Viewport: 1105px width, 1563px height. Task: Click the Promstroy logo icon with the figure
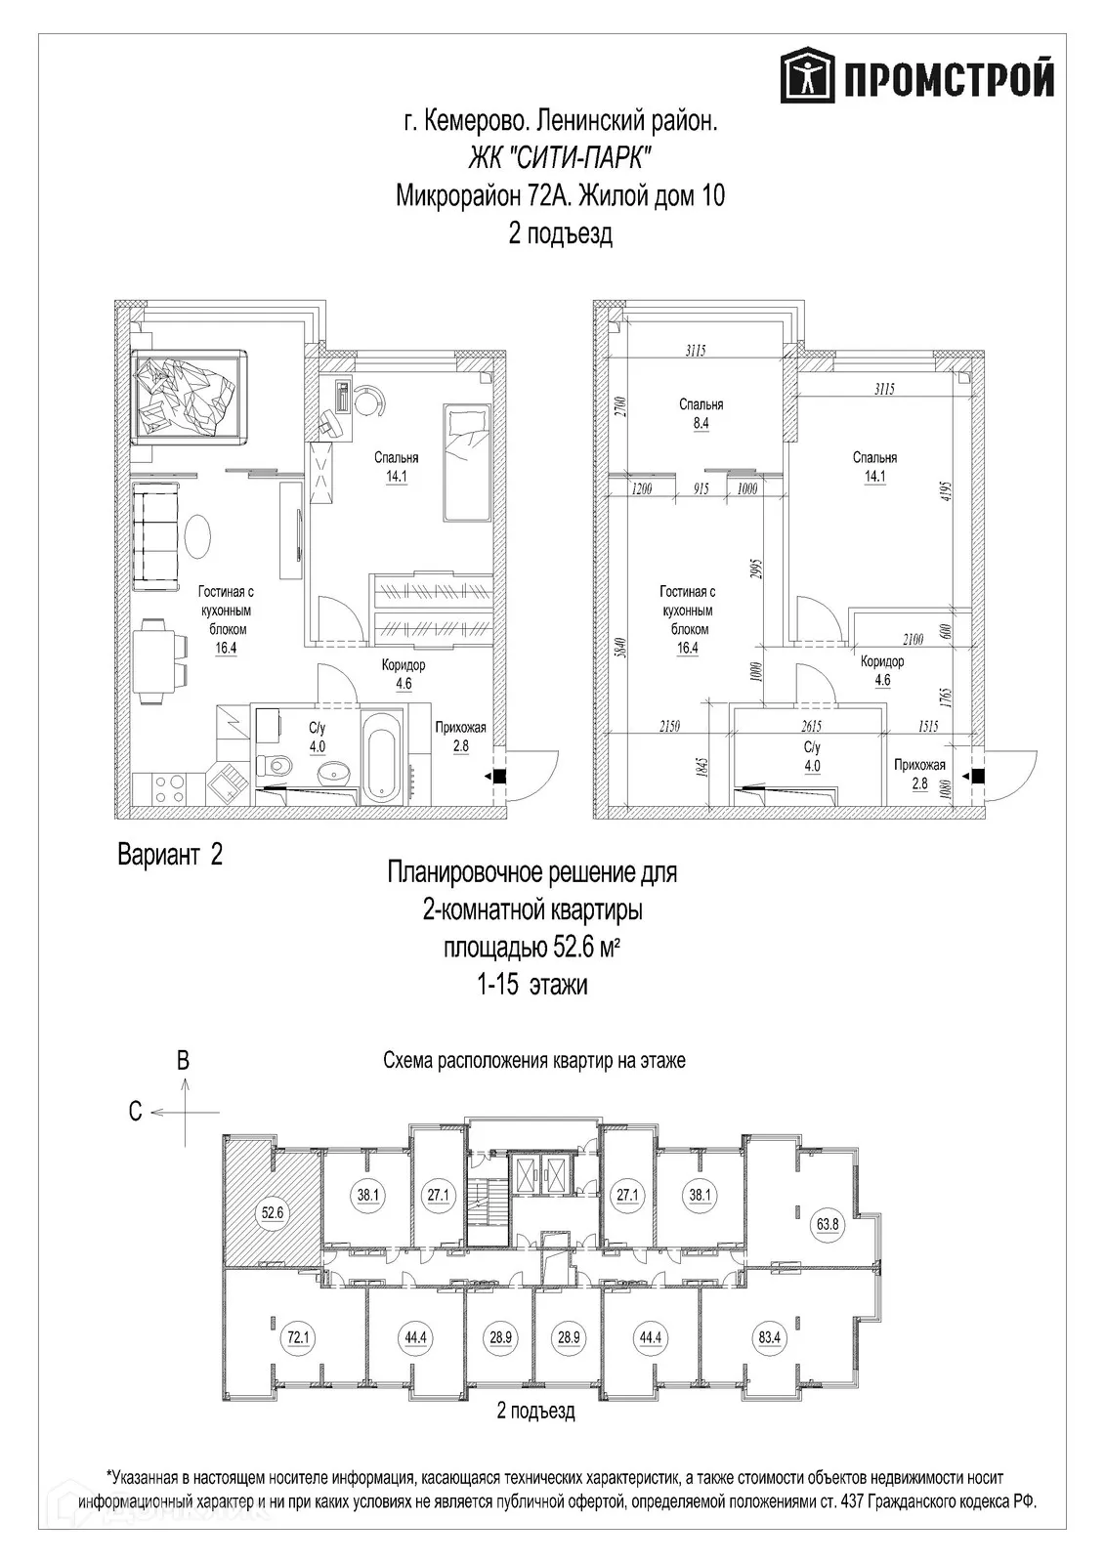coord(808,74)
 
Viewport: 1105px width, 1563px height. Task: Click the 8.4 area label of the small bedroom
coord(701,423)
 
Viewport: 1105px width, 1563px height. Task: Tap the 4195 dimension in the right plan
coord(947,495)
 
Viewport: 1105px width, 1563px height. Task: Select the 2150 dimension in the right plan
coord(668,726)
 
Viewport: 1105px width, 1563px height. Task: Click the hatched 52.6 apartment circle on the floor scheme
coord(273,1212)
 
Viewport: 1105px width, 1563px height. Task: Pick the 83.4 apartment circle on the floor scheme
coord(769,1337)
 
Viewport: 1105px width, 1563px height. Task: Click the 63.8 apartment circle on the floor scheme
coord(827,1224)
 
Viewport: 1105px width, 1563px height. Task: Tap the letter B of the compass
coord(183,1061)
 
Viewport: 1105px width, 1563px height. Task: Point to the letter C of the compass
coord(136,1112)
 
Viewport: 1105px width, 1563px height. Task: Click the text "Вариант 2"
coord(170,855)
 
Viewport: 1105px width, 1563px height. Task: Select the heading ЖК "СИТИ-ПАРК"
coord(560,160)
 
